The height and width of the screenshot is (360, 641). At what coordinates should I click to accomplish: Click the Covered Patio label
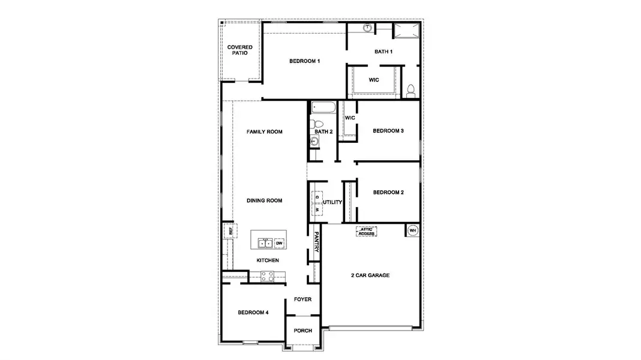coord(239,50)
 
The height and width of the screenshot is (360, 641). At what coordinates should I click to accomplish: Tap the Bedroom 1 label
coord(304,61)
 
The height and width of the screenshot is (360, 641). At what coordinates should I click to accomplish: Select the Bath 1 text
coord(384,52)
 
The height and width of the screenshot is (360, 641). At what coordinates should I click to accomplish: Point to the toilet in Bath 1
coord(411,91)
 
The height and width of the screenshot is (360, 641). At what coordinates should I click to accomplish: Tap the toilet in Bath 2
coord(318,124)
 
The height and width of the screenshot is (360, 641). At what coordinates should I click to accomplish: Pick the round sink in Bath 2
coord(315,142)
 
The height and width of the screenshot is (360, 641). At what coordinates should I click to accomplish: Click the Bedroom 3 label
coord(388,131)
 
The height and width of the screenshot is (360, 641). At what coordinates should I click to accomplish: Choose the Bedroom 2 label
coord(388,193)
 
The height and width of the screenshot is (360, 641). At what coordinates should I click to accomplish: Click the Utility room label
coord(333,203)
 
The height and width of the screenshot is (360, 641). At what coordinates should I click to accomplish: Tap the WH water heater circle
coord(412,230)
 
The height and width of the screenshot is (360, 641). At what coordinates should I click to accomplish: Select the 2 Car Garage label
coord(370,275)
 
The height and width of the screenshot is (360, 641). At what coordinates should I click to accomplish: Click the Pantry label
coord(316,242)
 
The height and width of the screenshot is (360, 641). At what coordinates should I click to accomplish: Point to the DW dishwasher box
coord(278,243)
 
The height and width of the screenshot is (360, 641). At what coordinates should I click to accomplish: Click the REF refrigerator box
coord(228,230)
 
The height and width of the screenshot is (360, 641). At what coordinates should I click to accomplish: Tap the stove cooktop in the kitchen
coord(268,277)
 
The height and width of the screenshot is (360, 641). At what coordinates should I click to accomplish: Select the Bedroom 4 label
coord(253,313)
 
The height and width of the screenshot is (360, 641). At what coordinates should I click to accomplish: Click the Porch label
coord(302,331)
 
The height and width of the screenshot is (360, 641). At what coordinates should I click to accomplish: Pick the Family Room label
coord(264,131)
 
